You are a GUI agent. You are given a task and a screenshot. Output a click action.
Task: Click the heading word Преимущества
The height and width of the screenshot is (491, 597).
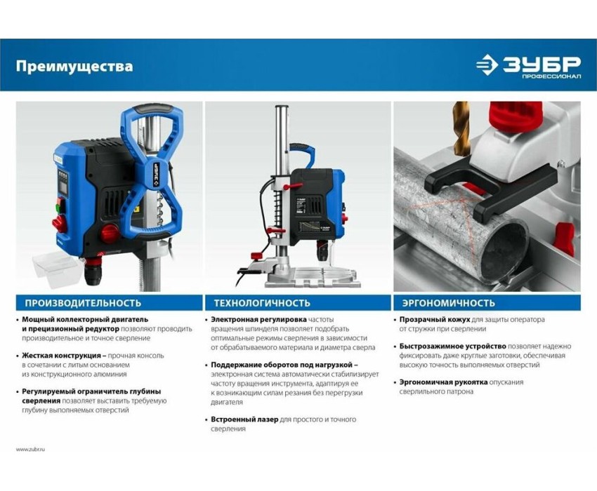pyautogui.click(x=74, y=67)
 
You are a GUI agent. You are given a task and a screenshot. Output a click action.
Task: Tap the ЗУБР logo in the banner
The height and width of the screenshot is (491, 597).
pyautogui.click(x=528, y=67)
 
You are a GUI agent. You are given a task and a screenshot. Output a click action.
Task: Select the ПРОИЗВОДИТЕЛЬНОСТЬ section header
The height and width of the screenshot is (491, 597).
pyautogui.click(x=83, y=303)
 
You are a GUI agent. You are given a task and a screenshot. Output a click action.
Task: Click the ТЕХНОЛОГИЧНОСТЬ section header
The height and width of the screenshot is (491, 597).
pyautogui.click(x=262, y=303)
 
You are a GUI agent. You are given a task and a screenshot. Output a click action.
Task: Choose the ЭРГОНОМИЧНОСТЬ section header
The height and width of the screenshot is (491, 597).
pyautogui.click(x=449, y=303)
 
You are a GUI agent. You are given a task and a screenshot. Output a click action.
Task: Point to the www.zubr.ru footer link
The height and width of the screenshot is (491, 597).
pyautogui.click(x=30, y=449)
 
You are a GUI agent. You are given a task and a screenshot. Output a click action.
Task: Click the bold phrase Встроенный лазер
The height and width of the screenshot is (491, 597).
pyautogui.click(x=244, y=419)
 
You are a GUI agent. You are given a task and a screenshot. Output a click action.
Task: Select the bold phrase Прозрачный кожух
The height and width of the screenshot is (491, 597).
pyautogui.click(x=435, y=320)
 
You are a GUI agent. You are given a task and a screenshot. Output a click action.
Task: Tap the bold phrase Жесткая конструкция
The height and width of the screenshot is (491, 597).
pyautogui.click(x=61, y=356)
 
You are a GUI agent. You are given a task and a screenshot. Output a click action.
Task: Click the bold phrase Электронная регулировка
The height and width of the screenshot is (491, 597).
pyautogui.click(x=258, y=320)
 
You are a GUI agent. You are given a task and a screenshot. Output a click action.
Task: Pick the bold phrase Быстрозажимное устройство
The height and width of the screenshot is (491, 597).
pyautogui.click(x=453, y=347)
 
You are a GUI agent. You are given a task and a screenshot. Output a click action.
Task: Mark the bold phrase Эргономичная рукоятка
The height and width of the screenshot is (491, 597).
pyautogui.click(x=443, y=382)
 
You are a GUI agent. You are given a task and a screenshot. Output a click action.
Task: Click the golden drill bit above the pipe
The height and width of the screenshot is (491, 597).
pyautogui.click(x=462, y=128)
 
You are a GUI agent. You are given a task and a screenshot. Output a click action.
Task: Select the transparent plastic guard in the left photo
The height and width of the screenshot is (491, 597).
pyautogui.click(x=57, y=271)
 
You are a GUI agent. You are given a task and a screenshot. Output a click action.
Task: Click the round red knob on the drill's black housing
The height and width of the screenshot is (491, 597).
pyautogui.click(x=110, y=234)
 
